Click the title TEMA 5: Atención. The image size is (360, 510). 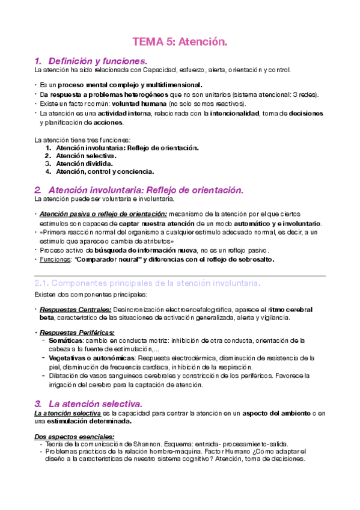pyautogui.click(x=180, y=41)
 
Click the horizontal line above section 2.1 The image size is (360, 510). pyautogui.click(x=180, y=275)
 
